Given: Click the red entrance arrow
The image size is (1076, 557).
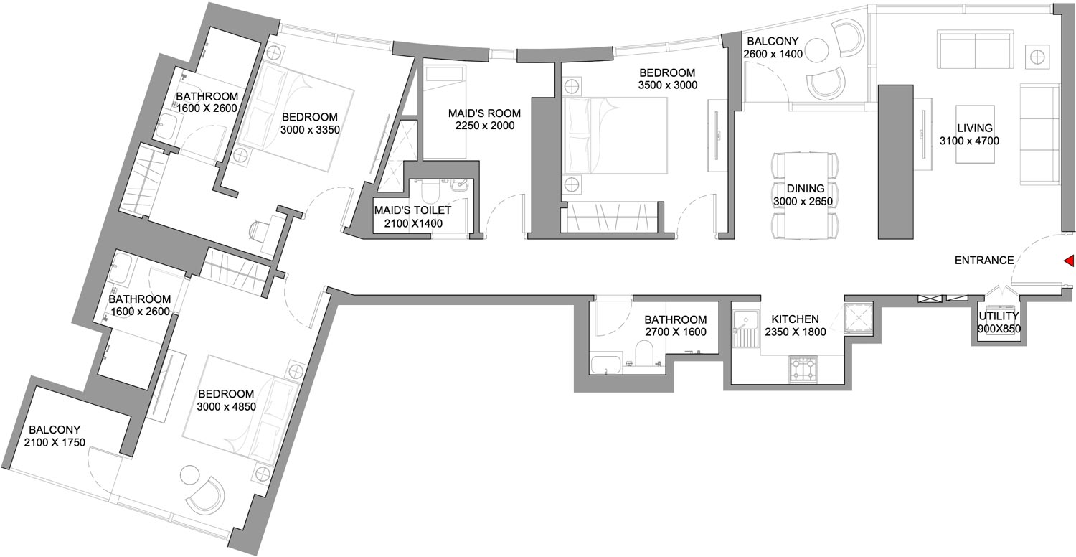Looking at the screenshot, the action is (1069, 261).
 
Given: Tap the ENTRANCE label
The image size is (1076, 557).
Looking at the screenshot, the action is (984, 261).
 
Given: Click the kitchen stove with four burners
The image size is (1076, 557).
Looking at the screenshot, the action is (802, 369).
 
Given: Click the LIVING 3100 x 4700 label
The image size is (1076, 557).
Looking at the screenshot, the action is (969, 134).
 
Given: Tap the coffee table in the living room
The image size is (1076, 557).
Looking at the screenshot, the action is (975, 134).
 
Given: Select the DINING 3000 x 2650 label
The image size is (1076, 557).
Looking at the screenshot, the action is (803, 195).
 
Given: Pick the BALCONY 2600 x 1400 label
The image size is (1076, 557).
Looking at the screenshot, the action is (773, 47).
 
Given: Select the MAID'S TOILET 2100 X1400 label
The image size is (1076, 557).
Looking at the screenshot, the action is (413, 217).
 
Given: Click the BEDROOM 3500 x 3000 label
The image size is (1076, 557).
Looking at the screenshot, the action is (668, 79).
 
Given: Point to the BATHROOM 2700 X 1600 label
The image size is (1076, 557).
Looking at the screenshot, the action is (676, 325).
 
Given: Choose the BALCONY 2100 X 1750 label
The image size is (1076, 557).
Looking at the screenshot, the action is (55, 436).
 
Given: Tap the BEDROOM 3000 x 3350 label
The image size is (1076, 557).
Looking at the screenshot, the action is (310, 123).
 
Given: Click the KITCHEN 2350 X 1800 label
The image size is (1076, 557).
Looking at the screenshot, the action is (796, 325).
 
